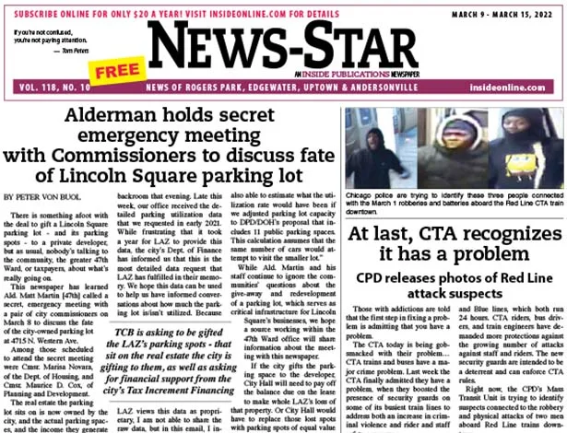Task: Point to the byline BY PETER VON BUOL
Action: (x=48, y=196)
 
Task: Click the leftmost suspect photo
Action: (x=376, y=146)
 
